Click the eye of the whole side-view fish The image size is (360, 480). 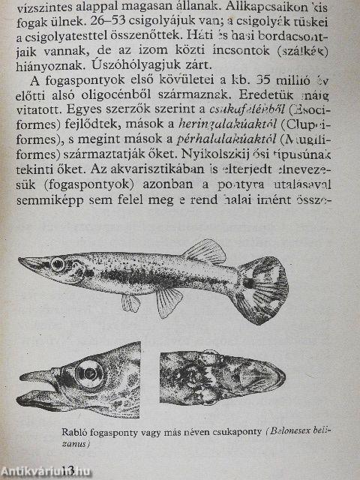[x=58, y=264]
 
